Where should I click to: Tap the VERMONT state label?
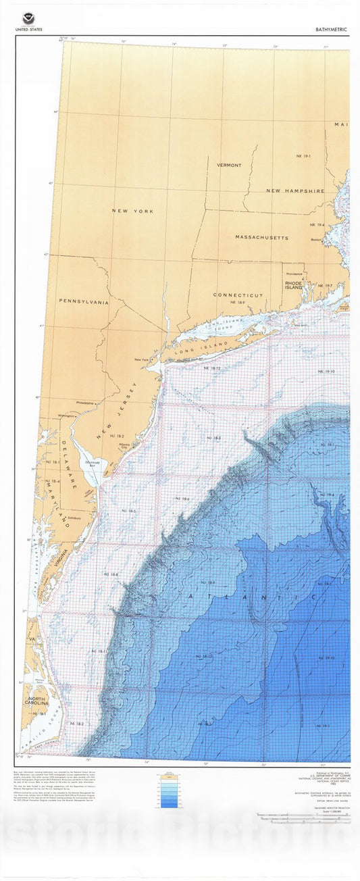click(229, 165)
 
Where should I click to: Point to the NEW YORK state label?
click(132, 211)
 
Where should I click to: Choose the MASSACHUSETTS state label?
click(261, 238)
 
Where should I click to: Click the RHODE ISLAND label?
click(293, 285)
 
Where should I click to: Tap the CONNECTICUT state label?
click(238, 295)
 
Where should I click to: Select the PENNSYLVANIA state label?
click(84, 302)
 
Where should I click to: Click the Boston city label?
click(315, 239)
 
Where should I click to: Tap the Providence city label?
click(294, 274)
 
